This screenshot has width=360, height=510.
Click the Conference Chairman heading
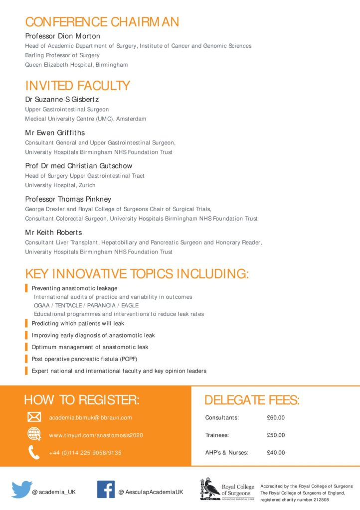click(102, 22)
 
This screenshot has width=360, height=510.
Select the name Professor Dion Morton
click(63, 36)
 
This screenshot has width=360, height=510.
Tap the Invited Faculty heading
click(77, 85)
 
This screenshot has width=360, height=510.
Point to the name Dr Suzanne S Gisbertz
click(62, 99)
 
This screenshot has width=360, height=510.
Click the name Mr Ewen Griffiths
click(55, 132)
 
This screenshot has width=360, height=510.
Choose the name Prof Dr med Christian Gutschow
click(79, 166)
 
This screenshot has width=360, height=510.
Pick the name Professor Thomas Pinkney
click(68, 199)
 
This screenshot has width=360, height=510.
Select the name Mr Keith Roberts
click(53, 233)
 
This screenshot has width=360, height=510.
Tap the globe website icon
click(34, 434)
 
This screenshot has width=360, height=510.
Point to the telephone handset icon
click(34, 452)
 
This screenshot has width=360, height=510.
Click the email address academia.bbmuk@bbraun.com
click(90, 417)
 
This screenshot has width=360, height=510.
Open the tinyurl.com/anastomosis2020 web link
click(96, 435)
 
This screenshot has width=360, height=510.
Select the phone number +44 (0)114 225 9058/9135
click(85, 453)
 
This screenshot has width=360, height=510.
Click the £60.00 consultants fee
click(276, 417)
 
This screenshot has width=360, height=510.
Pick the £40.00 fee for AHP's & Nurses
click(276, 453)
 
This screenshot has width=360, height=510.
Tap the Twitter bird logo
click(21, 490)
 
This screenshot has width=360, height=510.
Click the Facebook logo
click(106, 490)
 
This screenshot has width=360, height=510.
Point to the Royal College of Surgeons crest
click(210, 489)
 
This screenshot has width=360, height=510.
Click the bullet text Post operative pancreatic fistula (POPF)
click(84, 359)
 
